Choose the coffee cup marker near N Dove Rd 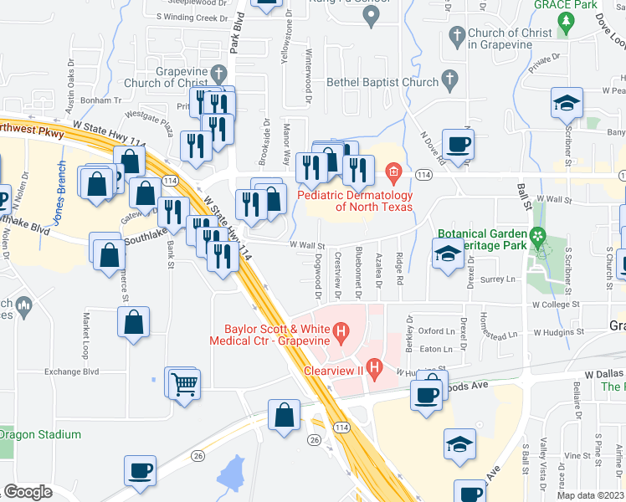[458, 145]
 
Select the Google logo [28, 492]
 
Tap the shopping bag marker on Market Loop [134, 321]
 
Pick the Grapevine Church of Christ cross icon [219, 72]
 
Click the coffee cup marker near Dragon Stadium [139, 470]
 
